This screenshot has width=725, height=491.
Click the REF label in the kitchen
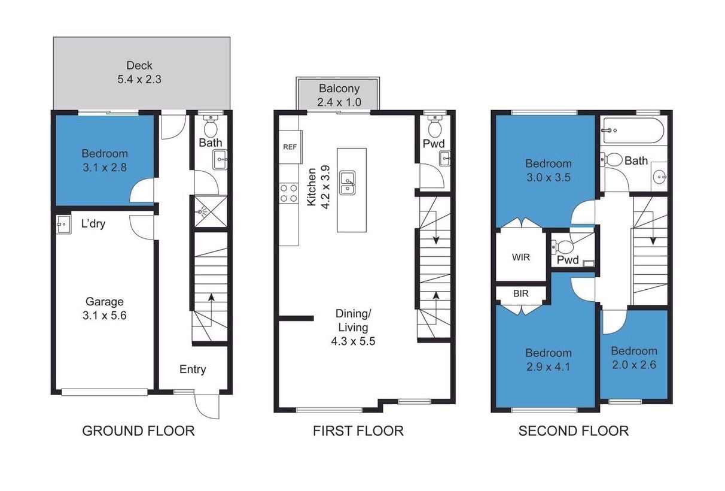coord(290,147)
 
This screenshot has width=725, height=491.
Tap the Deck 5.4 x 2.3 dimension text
coord(139,79)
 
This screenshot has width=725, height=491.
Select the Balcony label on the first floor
coord(339,89)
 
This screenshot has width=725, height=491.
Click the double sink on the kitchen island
coord(348,183)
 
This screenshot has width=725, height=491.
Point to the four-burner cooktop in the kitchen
coord(289,193)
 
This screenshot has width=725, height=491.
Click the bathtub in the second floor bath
coord(633,130)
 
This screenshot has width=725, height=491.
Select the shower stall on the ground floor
coord(211,211)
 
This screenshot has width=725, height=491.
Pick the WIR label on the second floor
coord(521,257)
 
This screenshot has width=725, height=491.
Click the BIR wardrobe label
coord(521,293)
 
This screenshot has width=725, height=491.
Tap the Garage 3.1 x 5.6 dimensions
coord(105,315)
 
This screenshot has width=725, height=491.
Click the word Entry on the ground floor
coord(193,369)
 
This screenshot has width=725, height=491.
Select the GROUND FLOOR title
coord(139,431)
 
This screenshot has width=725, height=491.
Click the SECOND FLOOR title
coord(574,431)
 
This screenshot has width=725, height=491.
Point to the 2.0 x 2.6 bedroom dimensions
coord(633,365)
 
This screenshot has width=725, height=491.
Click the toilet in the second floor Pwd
coord(562,247)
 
